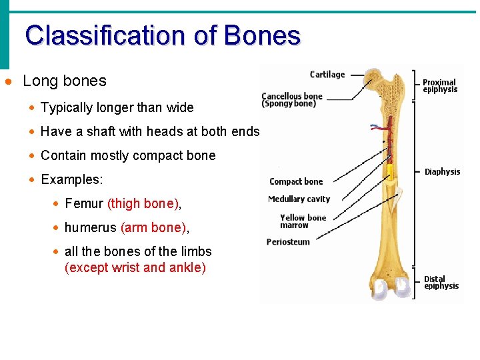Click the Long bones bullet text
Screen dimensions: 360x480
[65, 81]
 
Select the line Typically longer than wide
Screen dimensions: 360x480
[117, 108]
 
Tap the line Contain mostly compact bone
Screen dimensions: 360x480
[128, 156]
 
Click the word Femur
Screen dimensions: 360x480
[84, 204]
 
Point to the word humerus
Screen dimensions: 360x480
[91, 228]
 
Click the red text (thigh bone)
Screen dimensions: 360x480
[143, 204]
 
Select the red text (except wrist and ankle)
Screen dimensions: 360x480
[135, 268]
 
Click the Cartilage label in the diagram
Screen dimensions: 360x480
[327, 75]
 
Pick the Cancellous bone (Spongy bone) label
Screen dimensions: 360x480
[291, 100]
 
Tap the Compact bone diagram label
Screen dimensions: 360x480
[296, 181]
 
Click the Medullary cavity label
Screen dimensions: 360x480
[299, 199]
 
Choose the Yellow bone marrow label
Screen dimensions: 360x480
[303, 221]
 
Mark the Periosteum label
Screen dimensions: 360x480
[288, 242]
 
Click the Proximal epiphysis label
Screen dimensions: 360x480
[440, 86]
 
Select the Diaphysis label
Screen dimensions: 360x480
[442, 172]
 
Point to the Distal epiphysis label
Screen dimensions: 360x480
[441, 283]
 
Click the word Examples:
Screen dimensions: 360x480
[72, 180]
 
